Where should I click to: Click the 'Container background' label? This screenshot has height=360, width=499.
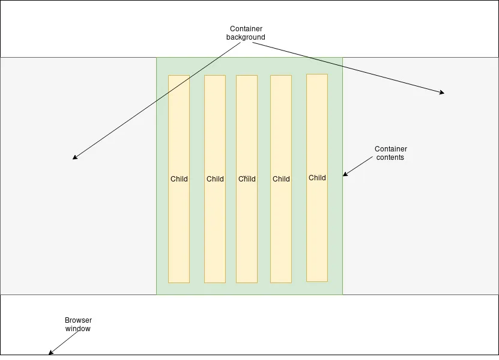(x=246, y=32)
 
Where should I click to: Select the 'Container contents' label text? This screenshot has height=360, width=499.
(x=390, y=153)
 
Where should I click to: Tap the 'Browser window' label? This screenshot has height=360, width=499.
(x=78, y=325)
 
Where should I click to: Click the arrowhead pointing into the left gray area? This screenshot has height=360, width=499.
(x=74, y=158)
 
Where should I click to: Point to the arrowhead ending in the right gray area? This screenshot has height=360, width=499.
(x=442, y=93)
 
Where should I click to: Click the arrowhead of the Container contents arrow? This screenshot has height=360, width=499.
(x=345, y=174)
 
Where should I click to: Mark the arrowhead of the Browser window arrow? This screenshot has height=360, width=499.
(x=50, y=352)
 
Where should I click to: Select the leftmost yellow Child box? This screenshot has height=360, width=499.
(x=179, y=228)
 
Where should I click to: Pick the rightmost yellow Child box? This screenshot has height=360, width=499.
(x=317, y=228)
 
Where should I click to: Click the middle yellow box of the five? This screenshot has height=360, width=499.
(x=247, y=228)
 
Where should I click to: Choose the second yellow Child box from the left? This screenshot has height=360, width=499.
(x=215, y=228)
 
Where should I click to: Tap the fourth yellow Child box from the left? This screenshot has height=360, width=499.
(x=281, y=228)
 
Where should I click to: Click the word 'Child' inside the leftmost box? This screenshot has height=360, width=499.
(x=179, y=178)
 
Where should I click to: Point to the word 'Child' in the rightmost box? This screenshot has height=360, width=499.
(x=317, y=177)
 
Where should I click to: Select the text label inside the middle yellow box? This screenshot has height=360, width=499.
(x=247, y=178)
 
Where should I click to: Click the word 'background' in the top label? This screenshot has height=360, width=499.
(x=246, y=37)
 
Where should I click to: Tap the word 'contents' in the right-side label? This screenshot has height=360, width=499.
(x=390, y=157)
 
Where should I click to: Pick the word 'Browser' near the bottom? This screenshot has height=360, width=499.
(x=78, y=320)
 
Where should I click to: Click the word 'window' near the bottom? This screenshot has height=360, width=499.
(x=78, y=329)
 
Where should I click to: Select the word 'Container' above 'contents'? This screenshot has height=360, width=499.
(x=390, y=149)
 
